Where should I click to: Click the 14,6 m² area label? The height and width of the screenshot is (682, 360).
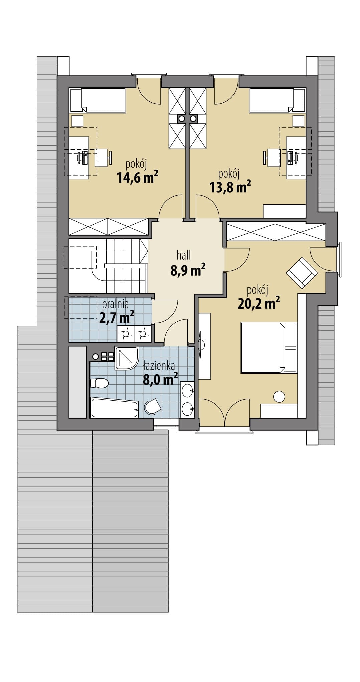(137, 178)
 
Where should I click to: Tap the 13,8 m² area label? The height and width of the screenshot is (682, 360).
(230, 187)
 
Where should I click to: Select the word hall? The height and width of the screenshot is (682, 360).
(184, 255)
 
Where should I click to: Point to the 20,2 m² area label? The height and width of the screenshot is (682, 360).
(258, 303)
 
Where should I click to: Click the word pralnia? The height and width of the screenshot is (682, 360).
(115, 304)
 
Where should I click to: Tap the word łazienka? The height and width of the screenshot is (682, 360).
(159, 366)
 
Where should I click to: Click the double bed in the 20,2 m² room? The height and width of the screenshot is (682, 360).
(268, 348)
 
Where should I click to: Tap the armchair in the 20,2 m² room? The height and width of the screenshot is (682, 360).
(302, 272)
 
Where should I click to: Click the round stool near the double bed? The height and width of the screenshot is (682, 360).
(279, 397)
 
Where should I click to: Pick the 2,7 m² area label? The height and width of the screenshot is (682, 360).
(117, 317)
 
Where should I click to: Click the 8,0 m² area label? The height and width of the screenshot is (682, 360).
(160, 380)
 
